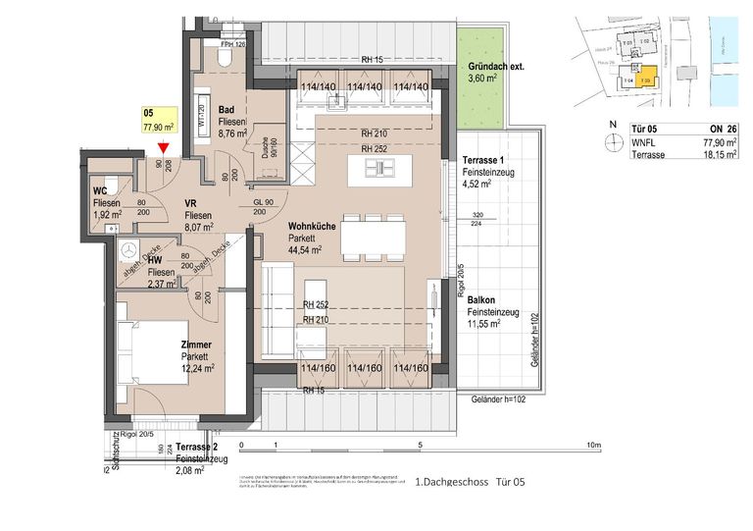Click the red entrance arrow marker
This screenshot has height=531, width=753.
coord(163,149)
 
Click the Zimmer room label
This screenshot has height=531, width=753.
coord(196,345)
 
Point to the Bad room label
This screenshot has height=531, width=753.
coord(226,110)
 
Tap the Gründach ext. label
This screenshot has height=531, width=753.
coord(495,67)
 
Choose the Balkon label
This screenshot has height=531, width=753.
coord(480,300)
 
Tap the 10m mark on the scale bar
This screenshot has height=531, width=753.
coord(592,445)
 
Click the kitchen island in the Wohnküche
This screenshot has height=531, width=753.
coord(385,168)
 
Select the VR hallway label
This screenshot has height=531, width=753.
coord(192,204)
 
